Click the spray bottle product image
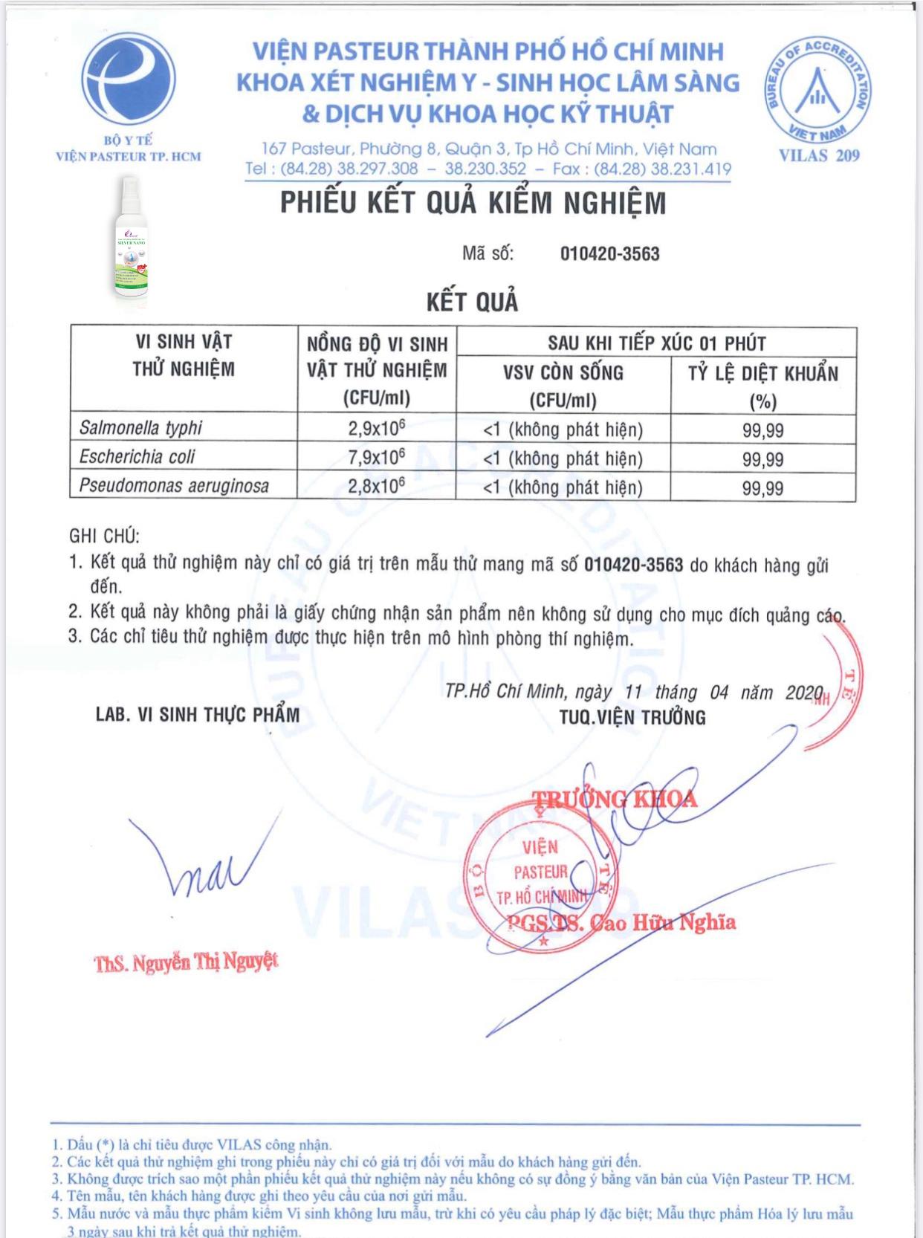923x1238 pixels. coord(131,242)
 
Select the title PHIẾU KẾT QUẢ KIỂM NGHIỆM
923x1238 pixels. coord(473,204)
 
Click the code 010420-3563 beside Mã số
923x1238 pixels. coord(609,254)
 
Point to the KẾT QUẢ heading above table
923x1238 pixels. coord(473,302)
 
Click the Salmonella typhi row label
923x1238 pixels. coord(140,428)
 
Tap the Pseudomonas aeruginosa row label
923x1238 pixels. coord(174,486)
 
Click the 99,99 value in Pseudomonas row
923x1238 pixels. coord(762,488)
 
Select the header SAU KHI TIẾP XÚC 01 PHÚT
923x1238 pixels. coord(656,343)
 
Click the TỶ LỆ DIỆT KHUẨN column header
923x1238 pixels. coord(762,373)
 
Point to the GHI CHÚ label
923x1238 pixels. coord(104,536)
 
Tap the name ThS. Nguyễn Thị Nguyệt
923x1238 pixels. coord(186,962)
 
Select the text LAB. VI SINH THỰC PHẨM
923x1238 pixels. coord(198,715)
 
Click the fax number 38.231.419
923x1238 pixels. coord(691,169)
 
